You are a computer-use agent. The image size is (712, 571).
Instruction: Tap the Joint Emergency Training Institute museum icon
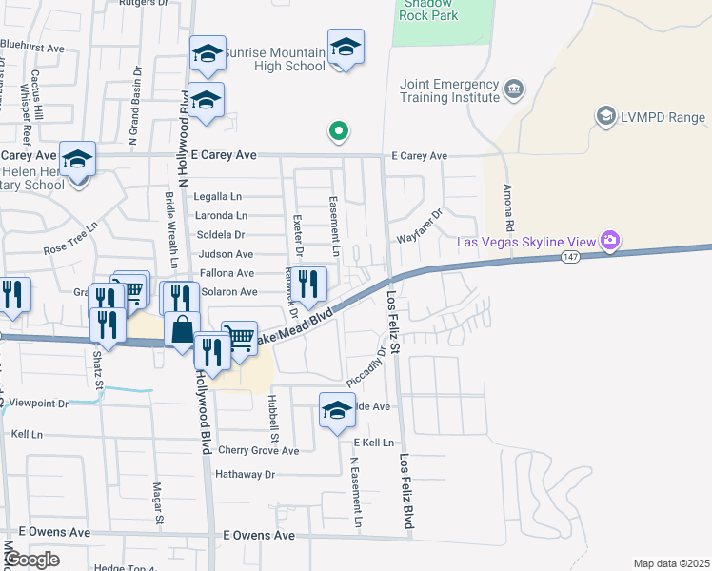point(515,89)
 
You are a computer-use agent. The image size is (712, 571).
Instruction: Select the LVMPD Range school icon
point(605,116)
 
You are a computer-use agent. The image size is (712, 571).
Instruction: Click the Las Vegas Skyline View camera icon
point(610,242)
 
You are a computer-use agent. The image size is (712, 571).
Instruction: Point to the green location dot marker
point(337,132)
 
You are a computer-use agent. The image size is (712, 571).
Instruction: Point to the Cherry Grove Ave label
point(258,450)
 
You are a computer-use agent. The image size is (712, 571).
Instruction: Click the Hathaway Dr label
point(245,474)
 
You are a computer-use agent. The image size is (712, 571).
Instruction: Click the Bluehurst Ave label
point(31,47)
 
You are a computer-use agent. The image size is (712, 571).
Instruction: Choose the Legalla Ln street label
point(218,196)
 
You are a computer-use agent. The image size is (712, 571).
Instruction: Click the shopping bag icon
point(181,329)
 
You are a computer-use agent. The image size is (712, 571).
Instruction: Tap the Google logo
point(31,560)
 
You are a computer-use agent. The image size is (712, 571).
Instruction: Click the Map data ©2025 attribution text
point(671,563)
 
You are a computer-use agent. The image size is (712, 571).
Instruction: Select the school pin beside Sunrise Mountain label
point(346,48)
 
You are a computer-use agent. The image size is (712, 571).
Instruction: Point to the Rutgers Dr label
point(143,4)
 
